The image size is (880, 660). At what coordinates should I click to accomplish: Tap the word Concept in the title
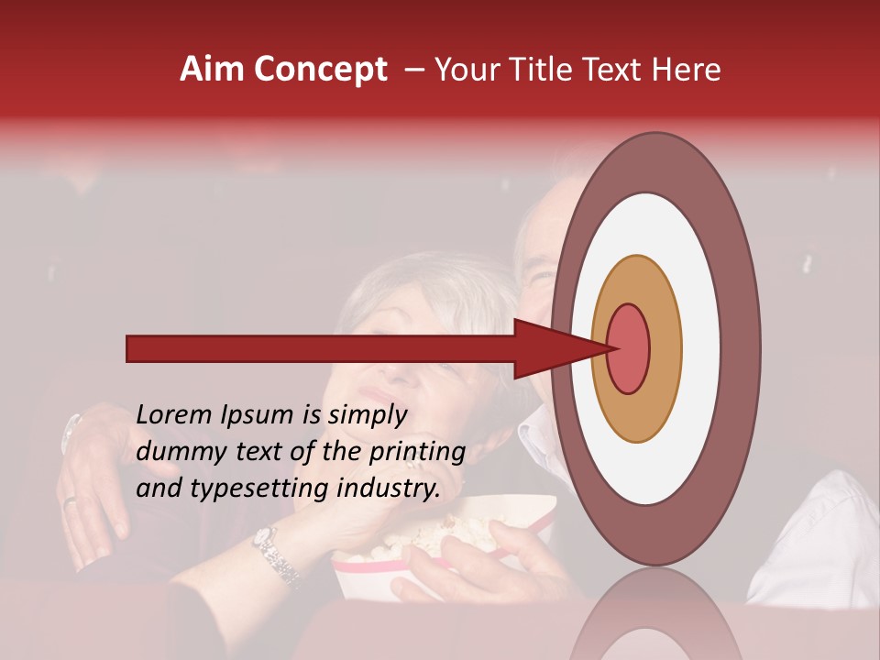click(320, 70)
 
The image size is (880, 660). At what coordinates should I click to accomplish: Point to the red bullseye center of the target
click(629, 348)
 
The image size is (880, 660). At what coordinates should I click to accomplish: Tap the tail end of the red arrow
click(129, 348)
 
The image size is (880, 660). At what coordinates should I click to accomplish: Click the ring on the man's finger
click(70, 500)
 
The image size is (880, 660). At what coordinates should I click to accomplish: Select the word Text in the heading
click(621, 70)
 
